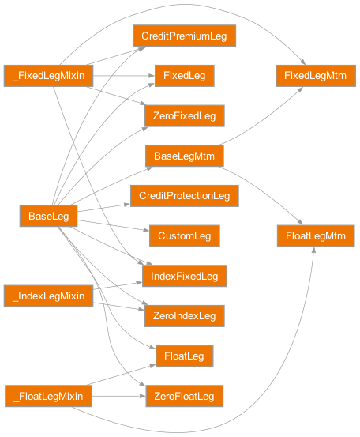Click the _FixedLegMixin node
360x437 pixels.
(48, 76)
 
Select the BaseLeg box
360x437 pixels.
(48, 216)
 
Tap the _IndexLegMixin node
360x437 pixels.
(48, 296)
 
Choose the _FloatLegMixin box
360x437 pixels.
(48, 396)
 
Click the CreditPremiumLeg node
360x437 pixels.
(184, 36)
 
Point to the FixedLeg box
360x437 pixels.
(184, 76)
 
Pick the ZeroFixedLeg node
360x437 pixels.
(184, 116)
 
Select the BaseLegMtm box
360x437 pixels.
(184, 156)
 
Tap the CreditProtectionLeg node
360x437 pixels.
(184, 195)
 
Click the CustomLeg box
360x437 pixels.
(184, 235)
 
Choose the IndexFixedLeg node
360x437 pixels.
(184, 276)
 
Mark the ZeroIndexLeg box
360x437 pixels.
(184, 316)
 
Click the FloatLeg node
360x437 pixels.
(184, 356)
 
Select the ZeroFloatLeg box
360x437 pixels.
(184, 396)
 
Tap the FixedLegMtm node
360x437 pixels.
(315, 76)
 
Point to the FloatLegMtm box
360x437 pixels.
(315, 235)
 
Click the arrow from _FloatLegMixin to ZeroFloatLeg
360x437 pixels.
(118, 396)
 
